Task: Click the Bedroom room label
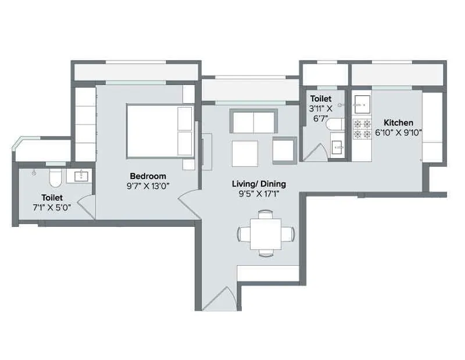[148, 176]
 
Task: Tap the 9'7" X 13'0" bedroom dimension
[148, 186]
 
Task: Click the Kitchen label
[398, 123]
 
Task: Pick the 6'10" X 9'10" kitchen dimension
[398, 133]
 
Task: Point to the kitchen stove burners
[362, 129]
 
